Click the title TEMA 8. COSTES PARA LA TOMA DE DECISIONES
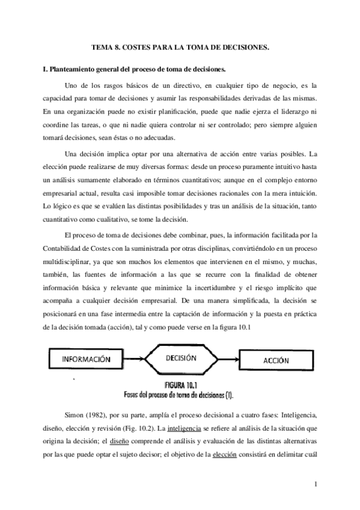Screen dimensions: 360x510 (180, 46)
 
